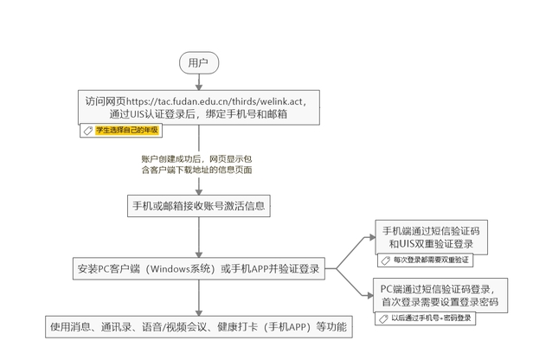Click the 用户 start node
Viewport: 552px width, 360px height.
[198, 62]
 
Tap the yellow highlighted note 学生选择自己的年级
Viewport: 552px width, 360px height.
[127, 130]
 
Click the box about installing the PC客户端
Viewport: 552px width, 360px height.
[198, 269]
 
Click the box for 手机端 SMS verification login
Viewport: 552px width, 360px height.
[432, 237]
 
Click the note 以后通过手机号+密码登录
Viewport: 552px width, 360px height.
[433, 318]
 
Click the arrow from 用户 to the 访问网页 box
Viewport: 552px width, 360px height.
[198, 80]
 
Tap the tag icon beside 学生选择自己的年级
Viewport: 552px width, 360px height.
[87, 130]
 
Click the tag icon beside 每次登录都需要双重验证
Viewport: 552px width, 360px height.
[386, 259]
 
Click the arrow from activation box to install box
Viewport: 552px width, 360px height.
[198, 236]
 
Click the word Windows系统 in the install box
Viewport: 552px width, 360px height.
[177, 269]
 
